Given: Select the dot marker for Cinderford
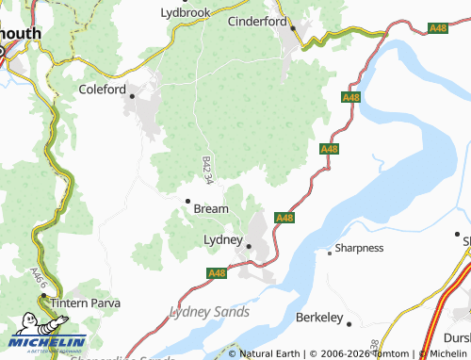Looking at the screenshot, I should (x=292, y=28).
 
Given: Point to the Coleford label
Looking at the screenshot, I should (x=103, y=90).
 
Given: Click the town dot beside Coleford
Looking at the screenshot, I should (x=133, y=95).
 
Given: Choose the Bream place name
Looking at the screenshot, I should (x=210, y=208).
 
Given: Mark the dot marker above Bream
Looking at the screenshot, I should (x=187, y=200).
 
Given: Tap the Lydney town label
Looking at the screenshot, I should (x=224, y=239).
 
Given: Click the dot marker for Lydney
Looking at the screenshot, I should (x=250, y=246).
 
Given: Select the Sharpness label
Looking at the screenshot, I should (x=361, y=249).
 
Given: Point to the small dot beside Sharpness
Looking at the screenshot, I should (x=329, y=252).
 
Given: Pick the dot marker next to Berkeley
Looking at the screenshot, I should (x=349, y=323).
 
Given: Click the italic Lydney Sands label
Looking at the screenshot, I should (x=209, y=311).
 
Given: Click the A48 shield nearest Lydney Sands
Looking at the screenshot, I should (x=216, y=273).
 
